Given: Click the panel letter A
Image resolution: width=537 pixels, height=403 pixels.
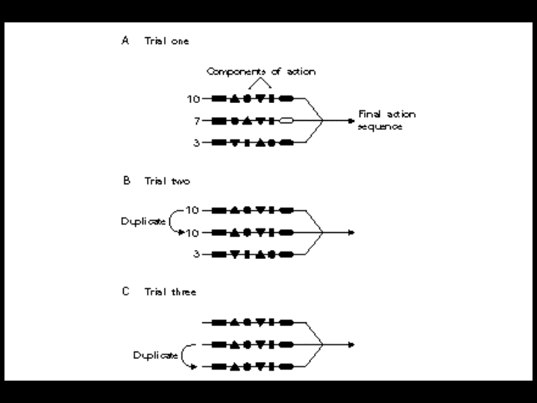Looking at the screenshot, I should pyautogui.click(x=125, y=42).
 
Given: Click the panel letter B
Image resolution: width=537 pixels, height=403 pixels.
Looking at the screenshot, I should pyautogui.click(x=125, y=181).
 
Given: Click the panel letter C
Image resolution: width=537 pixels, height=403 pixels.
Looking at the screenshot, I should pyautogui.click(x=125, y=292).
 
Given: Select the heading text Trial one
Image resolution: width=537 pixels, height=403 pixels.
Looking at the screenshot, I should pyautogui.click(x=166, y=42).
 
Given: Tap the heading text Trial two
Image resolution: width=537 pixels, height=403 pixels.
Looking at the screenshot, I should pyautogui.click(x=167, y=181).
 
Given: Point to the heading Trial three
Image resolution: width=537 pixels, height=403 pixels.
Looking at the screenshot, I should pyautogui.click(x=170, y=292).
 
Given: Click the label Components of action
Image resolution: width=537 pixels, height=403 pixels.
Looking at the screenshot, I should pyautogui.click(x=260, y=72).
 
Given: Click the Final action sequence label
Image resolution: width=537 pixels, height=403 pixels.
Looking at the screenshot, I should pyautogui.click(x=386, y=120).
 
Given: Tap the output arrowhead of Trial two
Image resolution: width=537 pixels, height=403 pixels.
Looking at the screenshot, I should pyautogui.click(x=351, y=232).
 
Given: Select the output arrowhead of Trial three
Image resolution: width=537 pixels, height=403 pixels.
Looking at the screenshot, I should pyautogui.click(x=351, y=344).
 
